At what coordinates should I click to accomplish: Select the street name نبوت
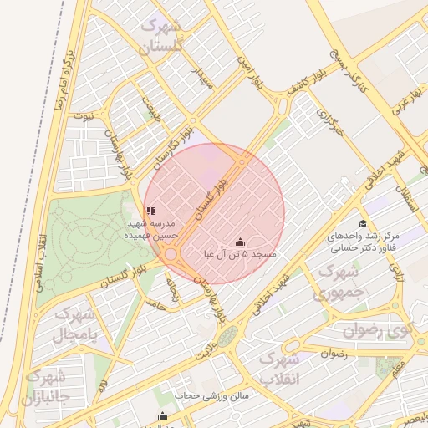click(x=83, y=118)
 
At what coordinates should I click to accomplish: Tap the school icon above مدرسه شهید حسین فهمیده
click(x=150, y=211)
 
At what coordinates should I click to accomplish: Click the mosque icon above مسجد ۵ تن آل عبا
click(x=241, y=242)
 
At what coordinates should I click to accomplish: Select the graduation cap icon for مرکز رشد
click(x=362, y=223)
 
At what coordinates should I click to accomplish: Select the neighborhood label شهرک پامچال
click(x=76, y=325)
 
